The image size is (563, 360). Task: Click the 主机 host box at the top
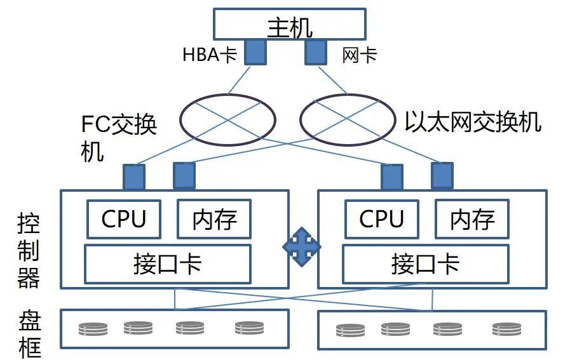[289, 24]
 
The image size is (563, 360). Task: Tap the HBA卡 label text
[209, 55]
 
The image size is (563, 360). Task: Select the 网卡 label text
[359, 55]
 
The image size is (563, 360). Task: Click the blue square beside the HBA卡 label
[255, 52]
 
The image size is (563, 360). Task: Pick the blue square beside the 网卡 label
[316, 52]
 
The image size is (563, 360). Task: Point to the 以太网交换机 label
[473, 121]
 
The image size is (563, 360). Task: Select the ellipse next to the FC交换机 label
[227, 120]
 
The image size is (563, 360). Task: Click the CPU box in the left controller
[124, 219]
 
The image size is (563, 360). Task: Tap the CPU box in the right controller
[381, 219]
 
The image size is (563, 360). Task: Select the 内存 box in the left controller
[214, 219]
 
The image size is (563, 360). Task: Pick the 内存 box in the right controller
[472, 219]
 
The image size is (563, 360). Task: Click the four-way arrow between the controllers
[302, 247]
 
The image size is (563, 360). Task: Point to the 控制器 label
[29, 251]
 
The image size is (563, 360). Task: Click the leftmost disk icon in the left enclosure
[93, 329]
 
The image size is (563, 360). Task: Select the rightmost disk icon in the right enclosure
[506, 329]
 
